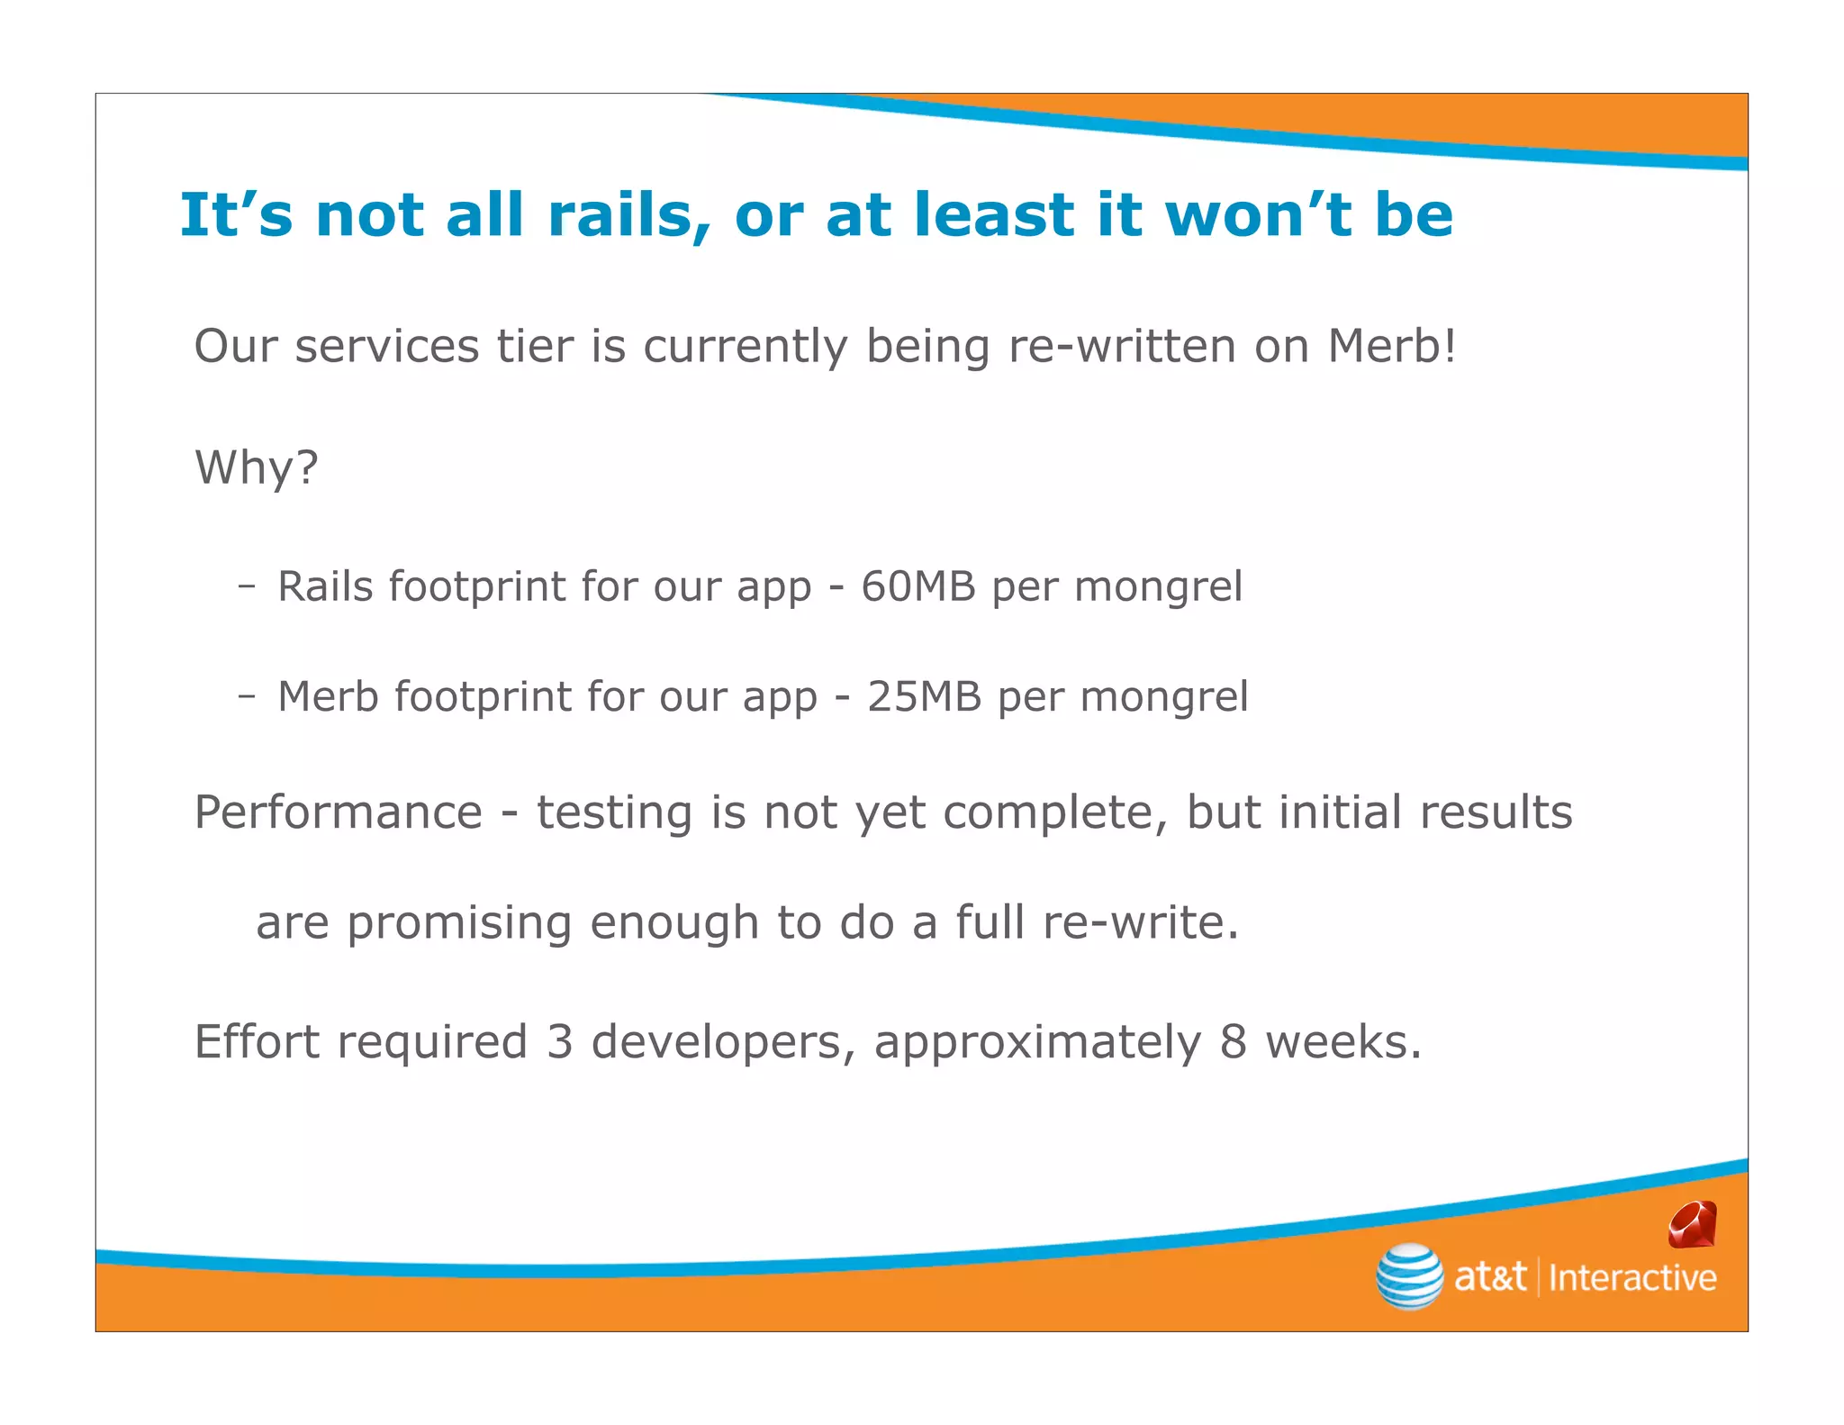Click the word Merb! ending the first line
point(1391,346)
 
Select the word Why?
point(257,467)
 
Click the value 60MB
point(917,586)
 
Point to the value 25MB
point(924,696)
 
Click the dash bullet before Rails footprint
point(246,586)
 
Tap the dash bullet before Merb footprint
point(246,696)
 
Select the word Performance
point(339,812)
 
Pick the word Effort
point(257,1042)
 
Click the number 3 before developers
point(559,1042)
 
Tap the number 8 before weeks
point(1233,1042)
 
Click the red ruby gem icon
point(1692,1225)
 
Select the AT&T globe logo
point(1409,1275)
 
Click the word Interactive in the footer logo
point(1632,1278)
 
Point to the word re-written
point(1122,346)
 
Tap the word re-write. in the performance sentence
point(1141,922)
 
